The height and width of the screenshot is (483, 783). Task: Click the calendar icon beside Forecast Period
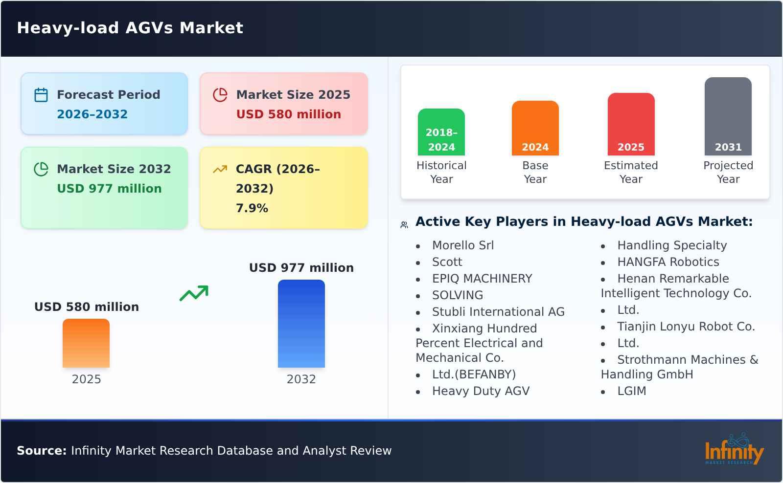pos(41,95)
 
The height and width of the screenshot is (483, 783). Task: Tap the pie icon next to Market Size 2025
pos(220,95)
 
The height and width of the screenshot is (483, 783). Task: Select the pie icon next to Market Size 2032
pos(41,169)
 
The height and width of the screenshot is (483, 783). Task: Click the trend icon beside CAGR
pos(220,169)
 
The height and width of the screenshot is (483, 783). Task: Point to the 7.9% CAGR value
pos(252,208)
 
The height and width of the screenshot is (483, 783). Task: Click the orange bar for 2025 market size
pos(86,343)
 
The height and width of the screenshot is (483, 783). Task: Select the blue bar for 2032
pos(301,324)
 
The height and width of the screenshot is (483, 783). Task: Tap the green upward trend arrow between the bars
pos(194,293)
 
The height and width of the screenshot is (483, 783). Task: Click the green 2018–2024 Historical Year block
pos(441,132)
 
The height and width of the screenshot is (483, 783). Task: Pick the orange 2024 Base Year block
pos(535,128)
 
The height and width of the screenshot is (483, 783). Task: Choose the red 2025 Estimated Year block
pos(631,124)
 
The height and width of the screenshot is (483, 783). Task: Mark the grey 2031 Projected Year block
pos(728,116)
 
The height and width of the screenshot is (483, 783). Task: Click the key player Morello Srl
pos(462,245)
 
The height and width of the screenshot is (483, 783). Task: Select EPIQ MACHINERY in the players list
pos(482,279)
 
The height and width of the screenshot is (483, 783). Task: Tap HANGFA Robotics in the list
pos(668,262)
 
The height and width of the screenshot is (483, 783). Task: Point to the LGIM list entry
pos(631,391)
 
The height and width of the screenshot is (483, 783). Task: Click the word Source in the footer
pos(42,451)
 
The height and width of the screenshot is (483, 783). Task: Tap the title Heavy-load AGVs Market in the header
pos(130,28)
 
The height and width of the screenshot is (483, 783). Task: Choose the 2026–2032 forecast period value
pos(92,114)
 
